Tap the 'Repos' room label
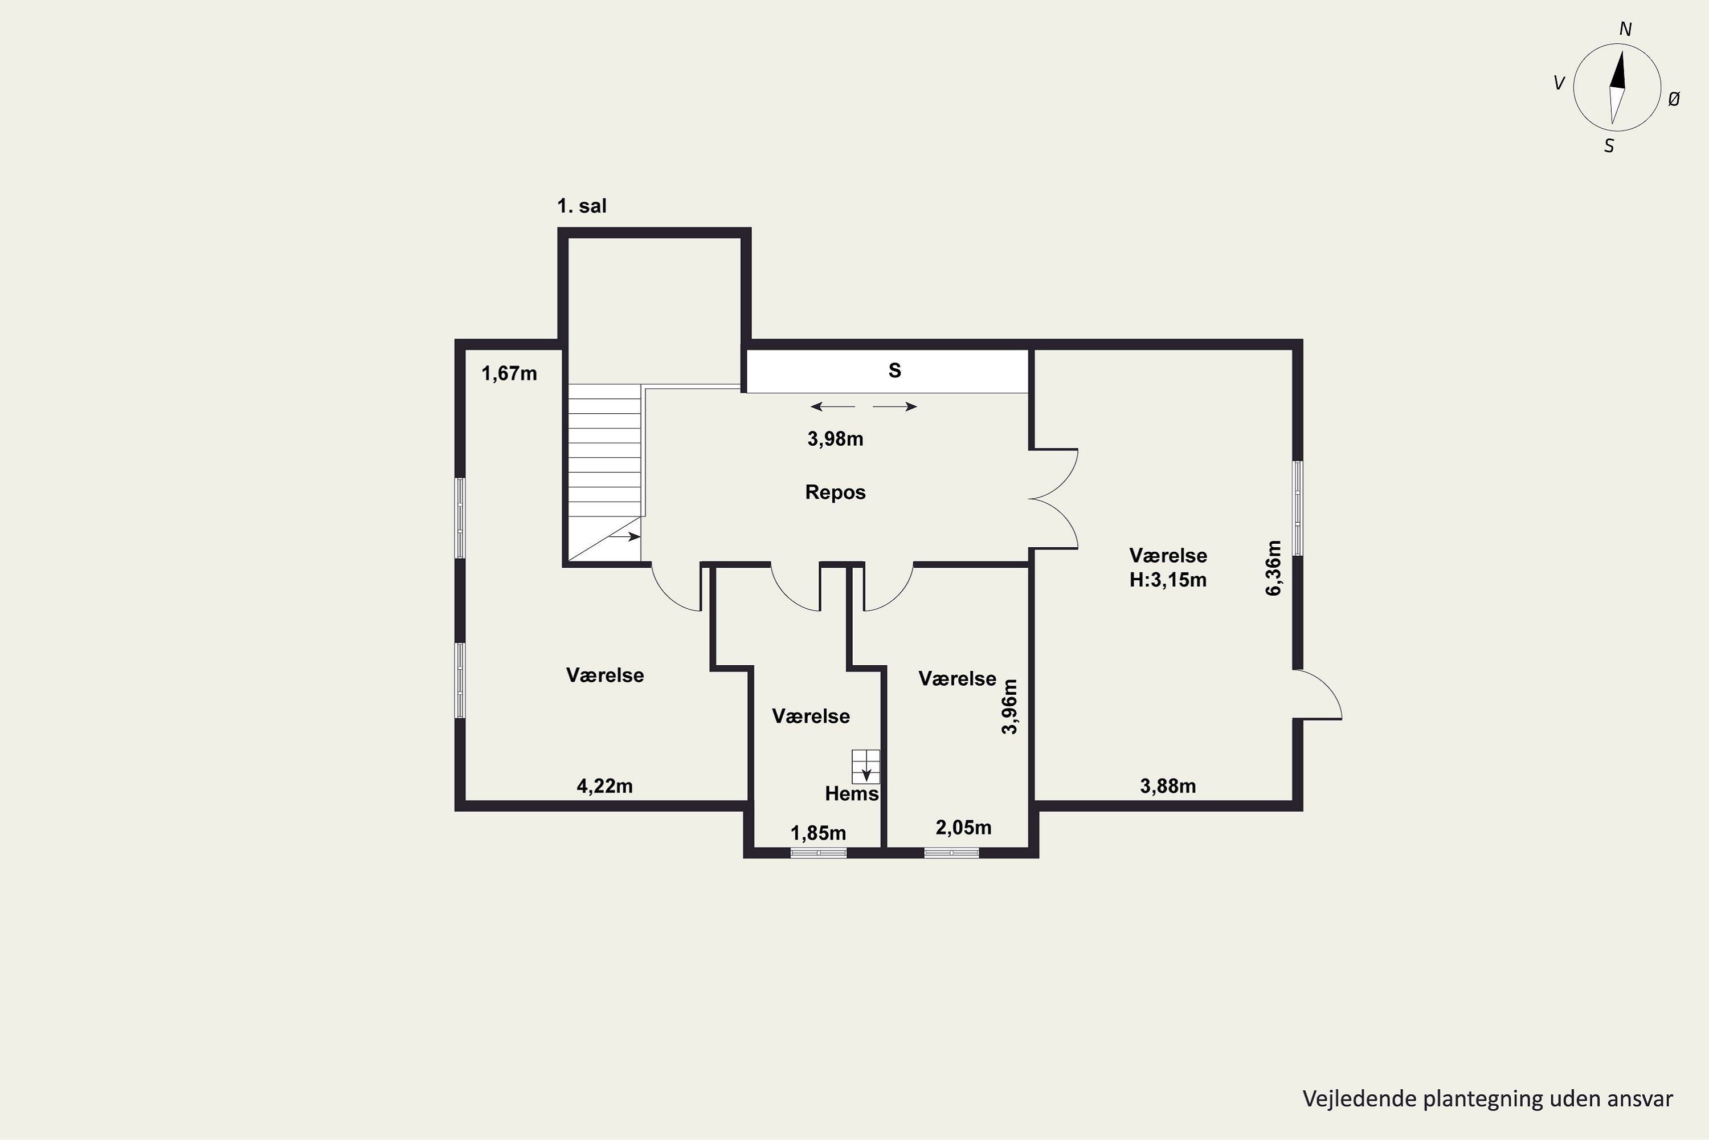click(836, 492)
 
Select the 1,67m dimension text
click(509, 374)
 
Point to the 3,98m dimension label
click(836, 439)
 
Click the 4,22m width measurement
click(604, 786)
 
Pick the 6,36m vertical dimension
click(1274, 568)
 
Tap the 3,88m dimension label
click(1168, 786)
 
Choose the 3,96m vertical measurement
click(1010, 707)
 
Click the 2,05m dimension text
click(963, 828)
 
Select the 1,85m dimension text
click(818, 833)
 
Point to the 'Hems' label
click(852, 794)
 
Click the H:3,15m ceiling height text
click(1168, 580)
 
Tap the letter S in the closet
click(895, 371)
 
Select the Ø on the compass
click(1674, 100)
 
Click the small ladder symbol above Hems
click(866, 766)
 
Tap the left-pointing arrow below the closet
click(833, 406)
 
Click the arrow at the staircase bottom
click(624, 536)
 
